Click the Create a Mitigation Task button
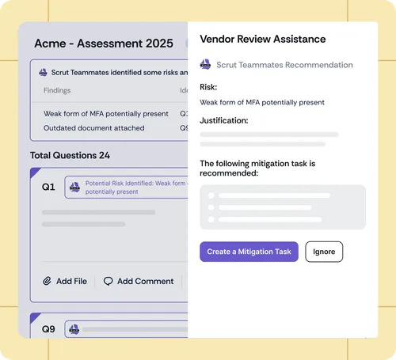[249, 252]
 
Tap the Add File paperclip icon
[47, 281]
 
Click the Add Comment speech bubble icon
[108, 281]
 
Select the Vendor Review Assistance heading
[263, 39]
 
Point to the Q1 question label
[48, 187]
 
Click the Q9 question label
[48, 329]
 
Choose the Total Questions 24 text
[70, 155]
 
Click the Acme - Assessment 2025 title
[104, 44]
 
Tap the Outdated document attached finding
[94, 128]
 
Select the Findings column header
[57, 90]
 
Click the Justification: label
[224, 120]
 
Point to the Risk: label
[208, 87]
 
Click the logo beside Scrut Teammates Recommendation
[205, 64]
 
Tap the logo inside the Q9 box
[74, 329]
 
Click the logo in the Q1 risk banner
[74, 187]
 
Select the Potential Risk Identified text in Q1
[136, 188]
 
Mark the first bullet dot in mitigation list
[211, 195]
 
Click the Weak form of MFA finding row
[106, 114]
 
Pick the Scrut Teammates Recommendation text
[284, 65]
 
